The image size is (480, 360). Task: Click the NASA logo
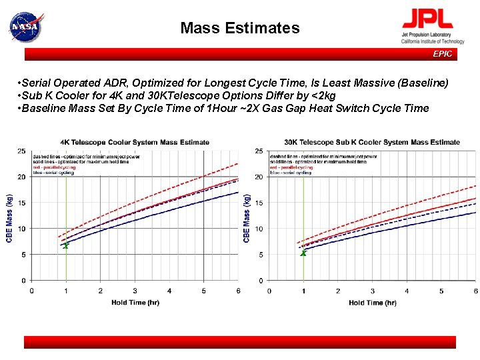click(x=25, y=27)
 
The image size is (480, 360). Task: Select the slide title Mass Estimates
click(x=240, y=28)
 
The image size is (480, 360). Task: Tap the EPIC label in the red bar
click(x=442, y=54)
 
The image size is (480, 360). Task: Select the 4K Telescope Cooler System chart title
click(x=135, y=142)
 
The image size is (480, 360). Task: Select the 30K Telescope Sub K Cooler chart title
click(x=372, y=142)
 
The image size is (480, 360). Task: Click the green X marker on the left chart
click(x=65, y=246)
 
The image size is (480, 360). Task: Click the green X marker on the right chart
click(x=303, y=253)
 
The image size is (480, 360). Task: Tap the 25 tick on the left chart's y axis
click(x=22, y=151)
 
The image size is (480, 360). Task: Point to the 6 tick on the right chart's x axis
click(x=475, y=291)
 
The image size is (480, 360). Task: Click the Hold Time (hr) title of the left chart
click(x=135, y=302)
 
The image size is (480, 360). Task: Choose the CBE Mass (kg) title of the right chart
click(x=247, y=218)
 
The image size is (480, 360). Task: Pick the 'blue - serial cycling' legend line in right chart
click(x=291, y=173)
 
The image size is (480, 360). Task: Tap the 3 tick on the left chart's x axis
click(x=135, y=291)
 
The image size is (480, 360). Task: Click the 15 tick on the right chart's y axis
click(x=259, y=203)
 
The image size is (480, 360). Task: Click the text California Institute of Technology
click(x=433, y=41)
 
